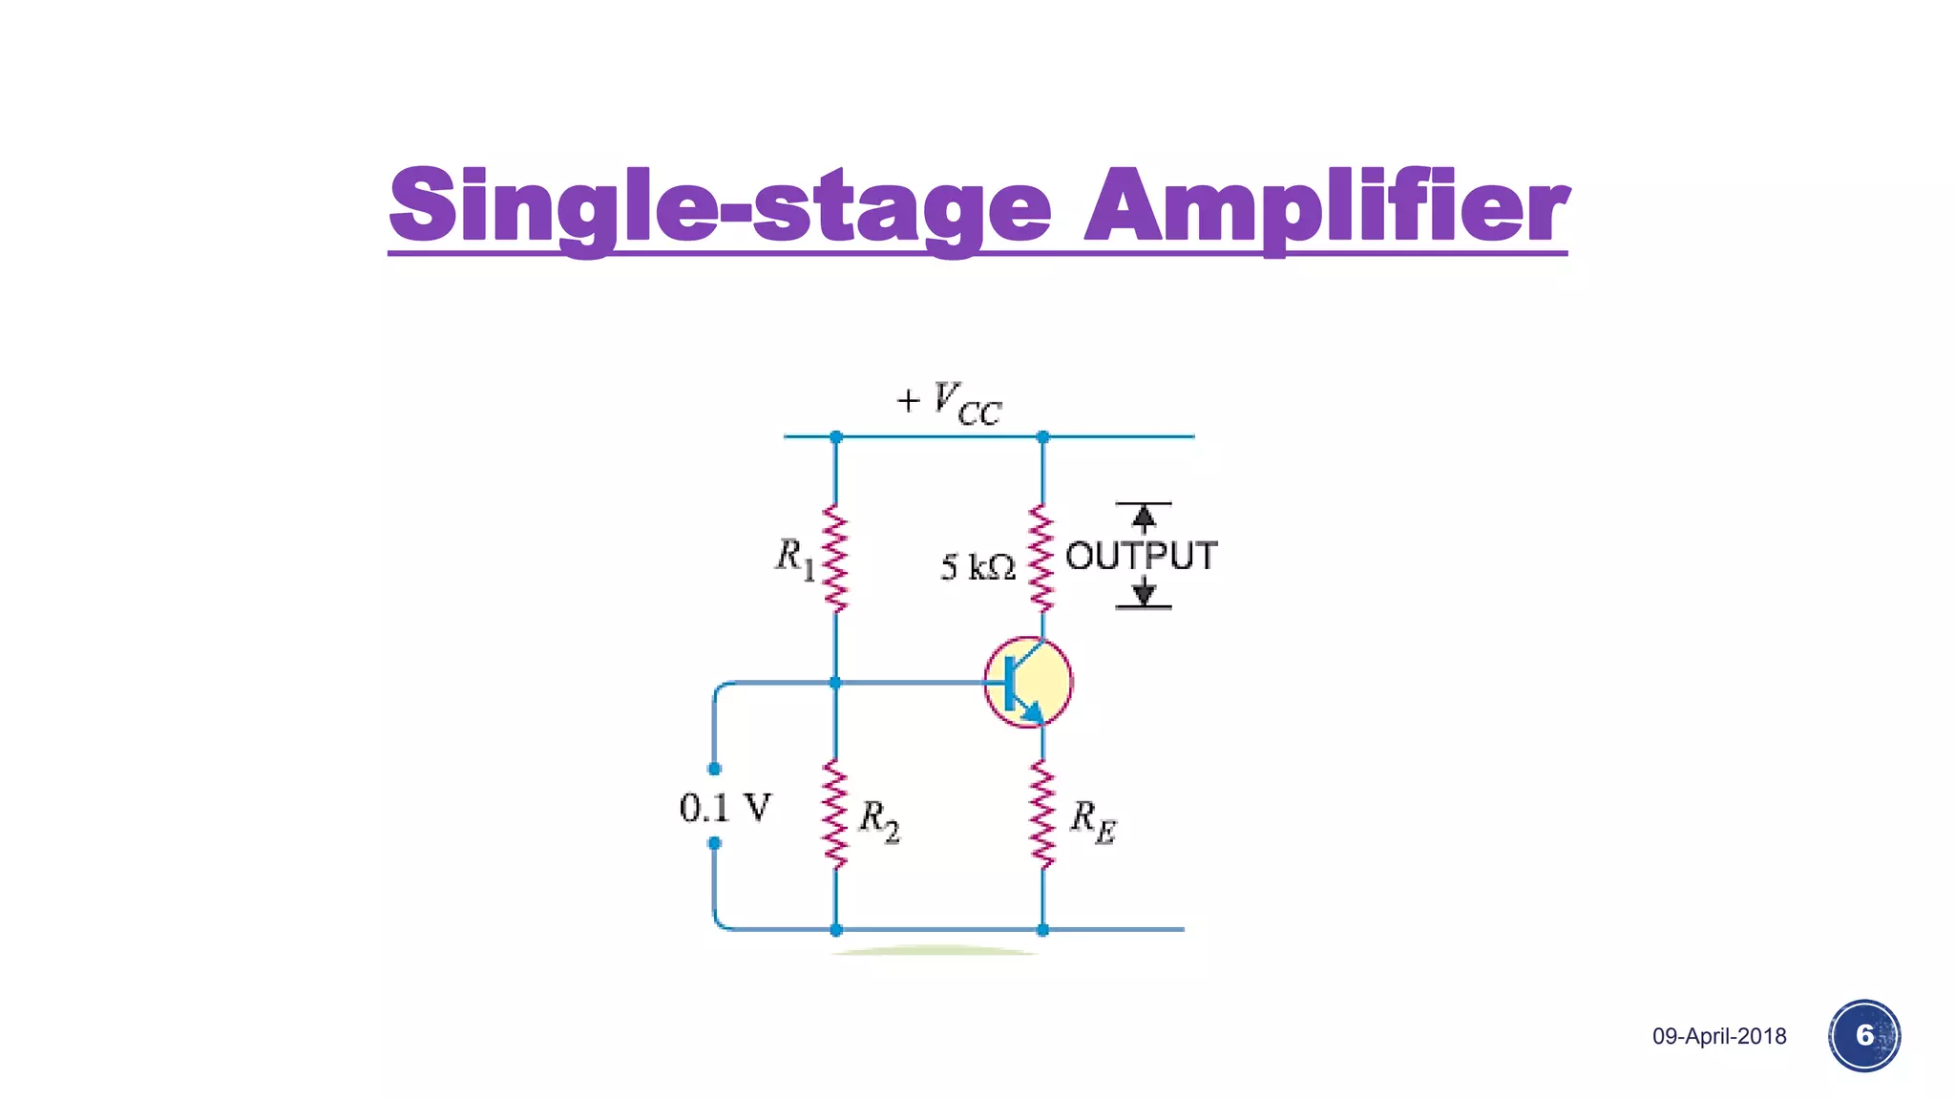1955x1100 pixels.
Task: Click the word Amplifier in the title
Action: [x=1327, y=205]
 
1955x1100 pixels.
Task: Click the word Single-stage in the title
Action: [x=721, y=205]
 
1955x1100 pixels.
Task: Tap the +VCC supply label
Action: [x=950, y=402]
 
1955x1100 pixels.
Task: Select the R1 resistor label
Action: [x=794, y=559]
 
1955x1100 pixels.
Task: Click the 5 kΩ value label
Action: [x=977, y=567]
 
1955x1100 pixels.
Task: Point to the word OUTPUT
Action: [x=1141, y=556]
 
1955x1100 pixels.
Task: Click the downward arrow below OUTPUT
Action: [x=1144, y=594]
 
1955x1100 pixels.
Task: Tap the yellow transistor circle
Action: [x=1028, y=682]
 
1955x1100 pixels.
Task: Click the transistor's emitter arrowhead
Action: [x=1033, y=712]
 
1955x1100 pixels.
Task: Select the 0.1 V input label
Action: [x=725, y=808]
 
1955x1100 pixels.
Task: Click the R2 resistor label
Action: [x=878, y=820]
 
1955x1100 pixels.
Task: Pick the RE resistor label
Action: [x=1092, y=821]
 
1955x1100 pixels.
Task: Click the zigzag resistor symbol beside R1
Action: [x=835, y=559]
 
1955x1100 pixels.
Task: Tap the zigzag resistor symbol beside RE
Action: [x=1042, y=814]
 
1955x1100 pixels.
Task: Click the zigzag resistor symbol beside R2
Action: [x=835, y=814]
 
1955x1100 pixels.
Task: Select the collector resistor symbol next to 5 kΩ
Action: [x=1041, y=559]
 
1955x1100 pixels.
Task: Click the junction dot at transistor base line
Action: [x=835, y=683]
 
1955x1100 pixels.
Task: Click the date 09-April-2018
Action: [x=1719, y=1036]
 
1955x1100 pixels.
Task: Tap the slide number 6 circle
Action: [x=1864, y=1035]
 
